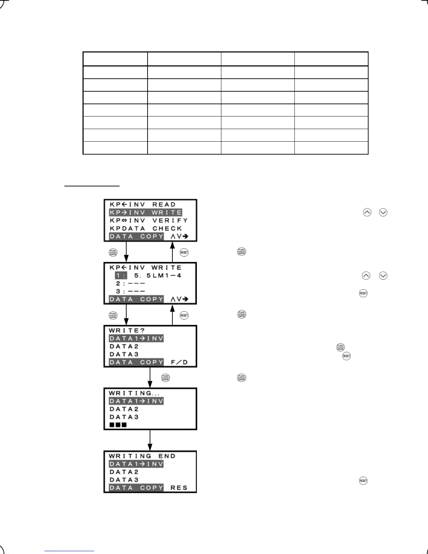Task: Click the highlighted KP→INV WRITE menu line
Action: click(x=145, y=213)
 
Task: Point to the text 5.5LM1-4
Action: click(x=158, y=276)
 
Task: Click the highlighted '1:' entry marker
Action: click(x=121, y=276)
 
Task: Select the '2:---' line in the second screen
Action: click(x=130, y=284)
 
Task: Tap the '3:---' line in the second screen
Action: click(x=130, y=291)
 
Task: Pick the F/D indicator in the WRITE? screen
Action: click(x=179, y=362)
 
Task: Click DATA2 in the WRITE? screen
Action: click(x=124, y=347)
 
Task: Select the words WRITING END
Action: click(x=142, y=456)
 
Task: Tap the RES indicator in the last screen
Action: click(x=179, y=488)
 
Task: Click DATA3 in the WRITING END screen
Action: click(x=124, y=480)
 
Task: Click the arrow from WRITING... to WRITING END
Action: click(x=150, y=441)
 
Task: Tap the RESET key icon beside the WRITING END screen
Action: click(x=363, y=481)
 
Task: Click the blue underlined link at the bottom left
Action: click(x=70, y=551)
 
